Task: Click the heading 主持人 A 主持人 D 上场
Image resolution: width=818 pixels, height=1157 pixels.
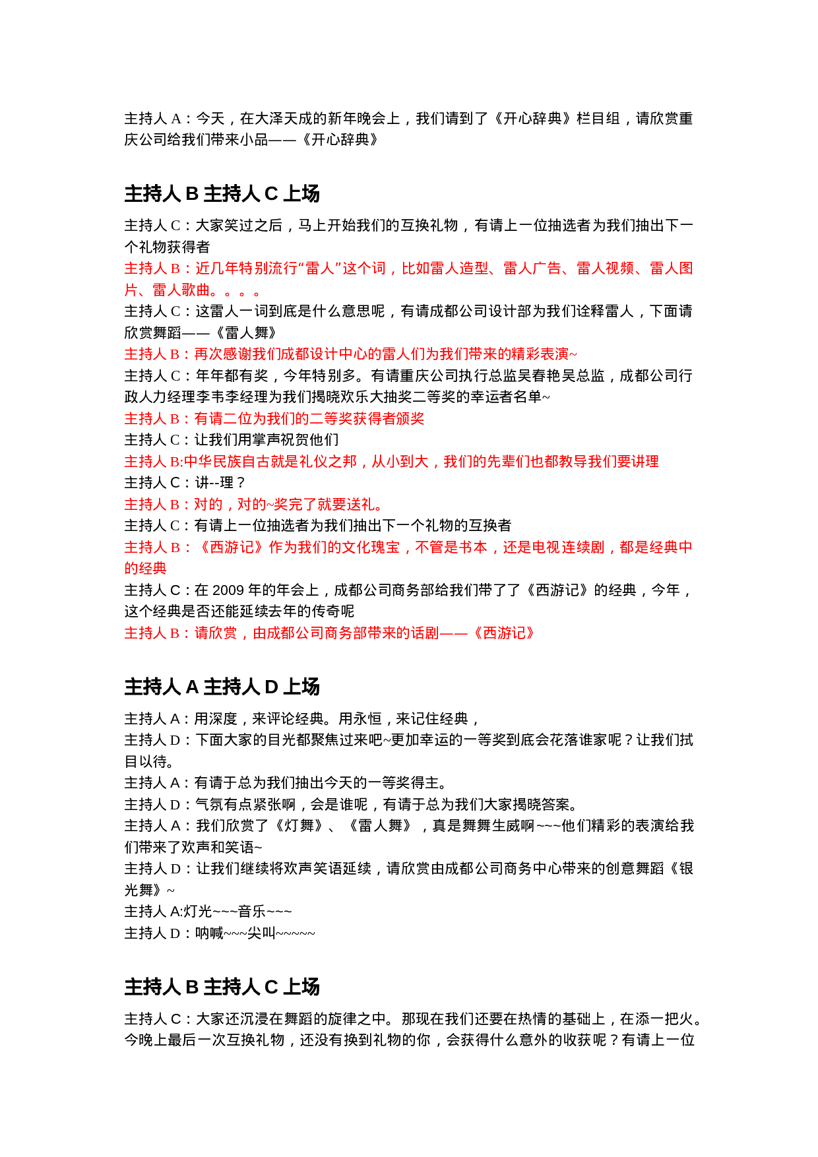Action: point(222,687)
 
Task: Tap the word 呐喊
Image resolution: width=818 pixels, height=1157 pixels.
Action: point(209,933)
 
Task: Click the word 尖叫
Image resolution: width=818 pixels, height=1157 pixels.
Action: point(261,933)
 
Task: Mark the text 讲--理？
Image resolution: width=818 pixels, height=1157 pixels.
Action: point(220,482)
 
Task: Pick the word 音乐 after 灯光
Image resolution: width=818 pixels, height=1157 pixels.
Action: point(252,911)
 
